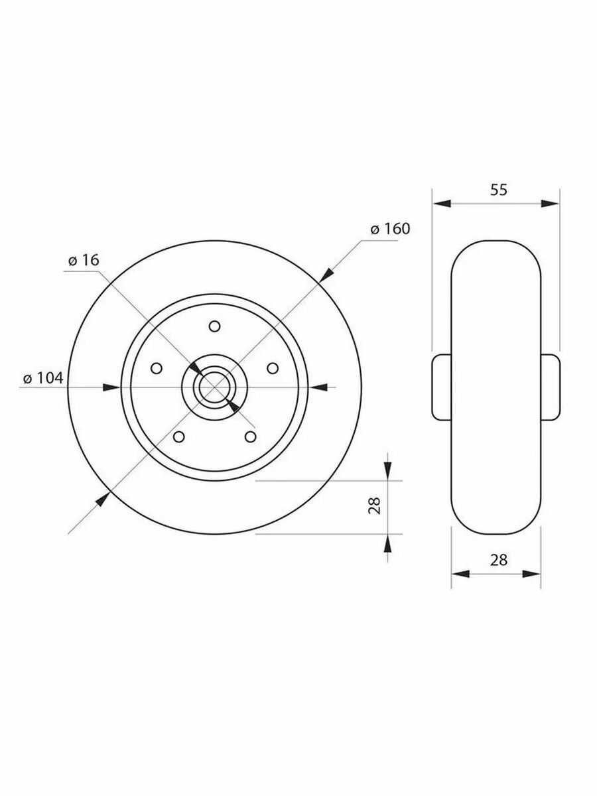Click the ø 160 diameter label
click(x=390, y=230)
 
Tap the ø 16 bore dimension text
click(x=84, y=260)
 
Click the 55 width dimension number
click(x=499, y=190)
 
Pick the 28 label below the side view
click(x=499, y=560)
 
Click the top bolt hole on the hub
click(x=214, y=326)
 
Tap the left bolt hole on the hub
click(x=157, y=368)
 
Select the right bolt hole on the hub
click(x=273, y=368)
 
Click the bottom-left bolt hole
click(x=178, y=437)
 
